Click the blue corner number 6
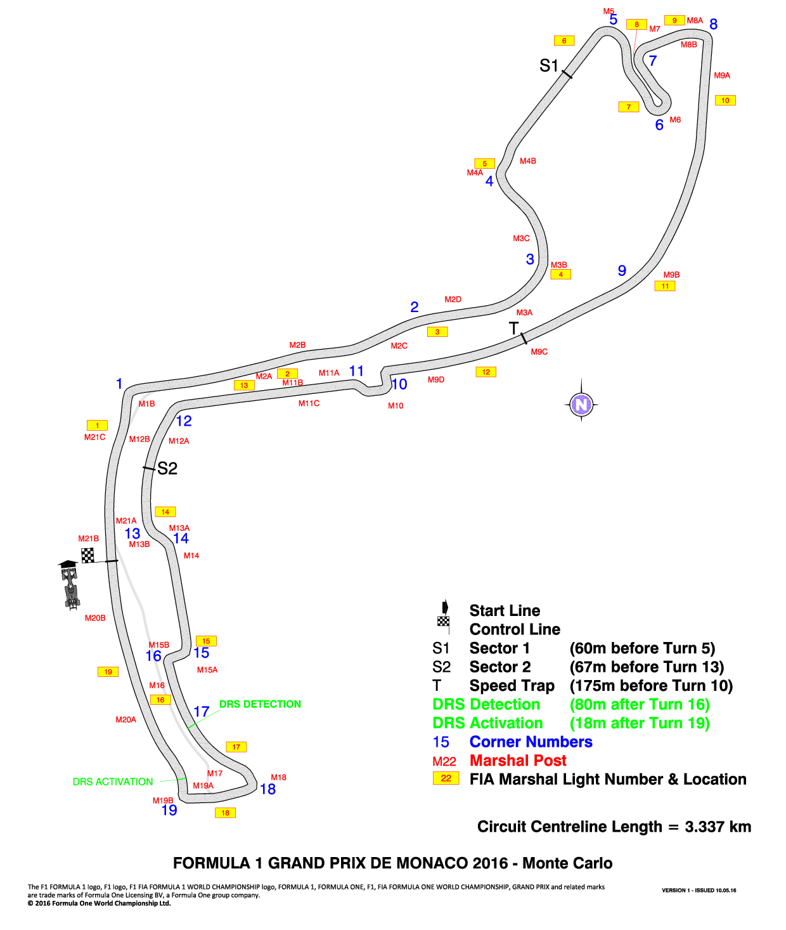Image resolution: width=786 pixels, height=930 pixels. coord(659,125)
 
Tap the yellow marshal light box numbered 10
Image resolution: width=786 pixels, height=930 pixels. coord(725,100)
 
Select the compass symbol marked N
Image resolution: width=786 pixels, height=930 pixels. coord(581,405)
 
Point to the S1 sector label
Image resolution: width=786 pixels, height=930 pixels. coord(548,66)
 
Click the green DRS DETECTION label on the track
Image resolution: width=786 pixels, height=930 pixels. coord(260,704)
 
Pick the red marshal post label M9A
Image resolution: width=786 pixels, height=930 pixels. coord(722,75)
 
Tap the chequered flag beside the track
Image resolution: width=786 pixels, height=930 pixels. coord(87,555)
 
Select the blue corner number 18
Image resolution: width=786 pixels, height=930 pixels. coord(267,789)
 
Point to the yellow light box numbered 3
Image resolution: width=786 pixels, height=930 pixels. coord(437,332)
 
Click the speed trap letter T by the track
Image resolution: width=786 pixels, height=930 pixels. coord(513,328)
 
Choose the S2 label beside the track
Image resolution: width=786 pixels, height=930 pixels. coord(167,468)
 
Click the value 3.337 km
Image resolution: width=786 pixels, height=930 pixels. coord(718,827)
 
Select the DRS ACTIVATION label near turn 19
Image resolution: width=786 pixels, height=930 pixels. coord(113,782)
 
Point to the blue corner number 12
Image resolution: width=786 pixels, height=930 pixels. coord(183,421)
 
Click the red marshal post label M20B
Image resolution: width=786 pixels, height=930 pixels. coord(95,618)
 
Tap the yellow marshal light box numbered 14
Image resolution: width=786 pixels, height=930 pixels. coord(165,511)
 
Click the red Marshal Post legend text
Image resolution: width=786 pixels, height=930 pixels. coord(518,760)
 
